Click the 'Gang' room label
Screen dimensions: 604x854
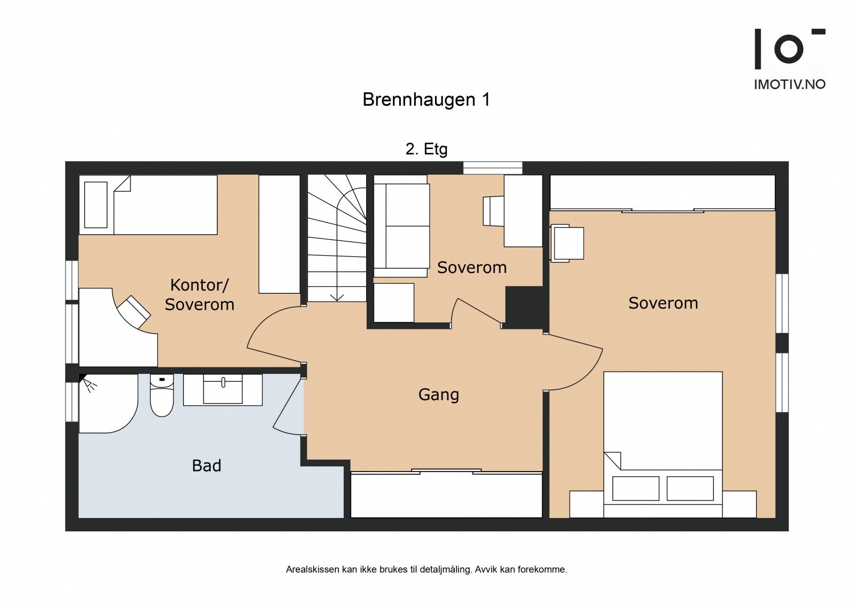(439, 395)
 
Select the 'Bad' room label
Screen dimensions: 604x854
(207, 466)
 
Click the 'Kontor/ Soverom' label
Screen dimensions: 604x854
(199, 294)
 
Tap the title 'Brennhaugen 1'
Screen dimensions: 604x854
(426, 100)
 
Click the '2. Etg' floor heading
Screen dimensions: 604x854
(426, 149)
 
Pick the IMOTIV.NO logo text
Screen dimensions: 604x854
(789, 84)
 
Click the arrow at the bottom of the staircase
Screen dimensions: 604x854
(337, 296)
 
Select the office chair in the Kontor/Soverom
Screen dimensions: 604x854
(134, 312)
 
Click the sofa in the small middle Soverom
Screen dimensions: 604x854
(401, 226)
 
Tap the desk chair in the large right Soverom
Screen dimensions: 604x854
(568, 243)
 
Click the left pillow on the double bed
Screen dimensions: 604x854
(636, 488)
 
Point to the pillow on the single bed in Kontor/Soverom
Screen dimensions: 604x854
(96, 205)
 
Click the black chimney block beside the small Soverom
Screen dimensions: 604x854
(524, 307)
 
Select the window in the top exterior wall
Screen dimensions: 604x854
(492, 168)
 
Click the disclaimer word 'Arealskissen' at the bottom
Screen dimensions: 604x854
(312, 569)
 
